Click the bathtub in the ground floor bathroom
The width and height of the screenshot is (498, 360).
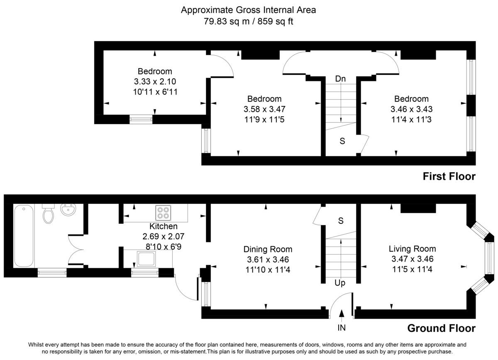click(23, 235)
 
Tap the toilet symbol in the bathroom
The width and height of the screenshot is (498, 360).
click(49, 214)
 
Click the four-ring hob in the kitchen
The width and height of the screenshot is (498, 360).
click(163, 213)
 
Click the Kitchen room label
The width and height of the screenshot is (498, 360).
click(163, 227)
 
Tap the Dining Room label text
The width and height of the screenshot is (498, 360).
click(268, 250)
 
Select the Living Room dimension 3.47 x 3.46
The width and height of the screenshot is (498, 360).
click(412, 259)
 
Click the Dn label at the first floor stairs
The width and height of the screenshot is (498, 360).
click(340, 79)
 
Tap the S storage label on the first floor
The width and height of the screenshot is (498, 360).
click(342, 141)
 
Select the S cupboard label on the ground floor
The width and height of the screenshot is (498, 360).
click(341, 221)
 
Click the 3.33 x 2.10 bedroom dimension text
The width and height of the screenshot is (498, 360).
click(155, 82)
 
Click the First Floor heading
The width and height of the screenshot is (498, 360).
click(449, 177)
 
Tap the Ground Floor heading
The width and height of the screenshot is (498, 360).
click(441, 328)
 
